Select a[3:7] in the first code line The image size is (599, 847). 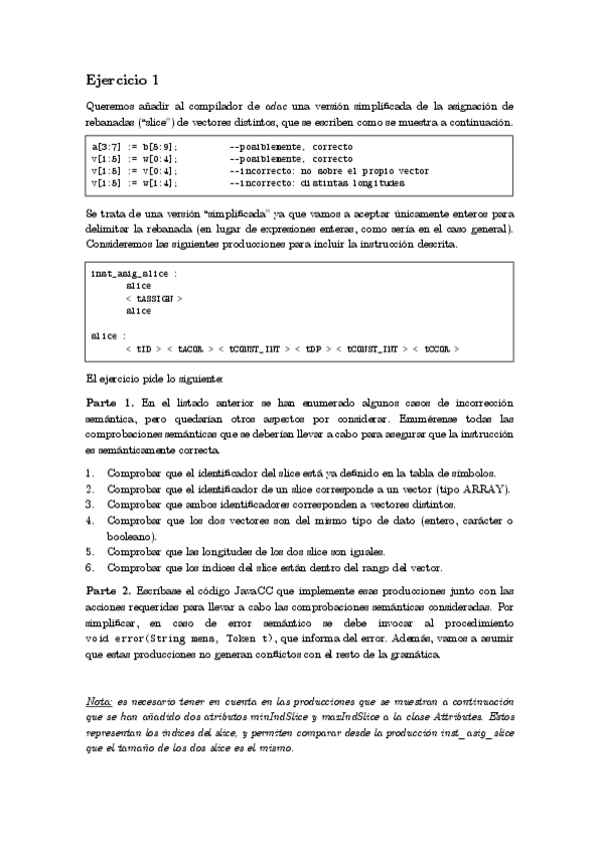108,147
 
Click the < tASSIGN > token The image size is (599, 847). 154,298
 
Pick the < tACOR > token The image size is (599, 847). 195,349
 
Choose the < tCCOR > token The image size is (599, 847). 436,349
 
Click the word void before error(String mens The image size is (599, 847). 97,638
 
